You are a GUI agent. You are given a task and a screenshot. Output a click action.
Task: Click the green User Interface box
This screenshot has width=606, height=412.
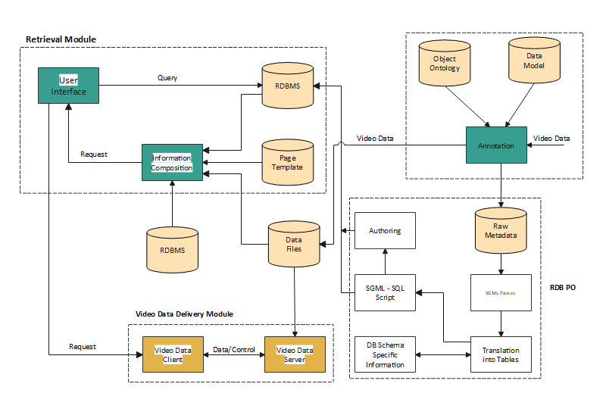click(69, 86)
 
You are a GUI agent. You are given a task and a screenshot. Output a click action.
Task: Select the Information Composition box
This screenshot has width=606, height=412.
click(172, 162)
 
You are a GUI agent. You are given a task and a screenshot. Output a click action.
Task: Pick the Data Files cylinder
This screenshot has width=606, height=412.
click(293, 243)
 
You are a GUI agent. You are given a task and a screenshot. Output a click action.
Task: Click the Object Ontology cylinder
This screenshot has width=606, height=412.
click(445, 64)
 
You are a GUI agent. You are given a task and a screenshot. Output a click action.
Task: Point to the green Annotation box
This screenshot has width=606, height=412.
click(496, 145)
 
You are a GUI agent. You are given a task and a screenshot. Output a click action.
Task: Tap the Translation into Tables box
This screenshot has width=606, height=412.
click(501, 354)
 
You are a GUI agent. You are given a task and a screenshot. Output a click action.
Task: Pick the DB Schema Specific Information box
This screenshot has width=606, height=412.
click(386, 354)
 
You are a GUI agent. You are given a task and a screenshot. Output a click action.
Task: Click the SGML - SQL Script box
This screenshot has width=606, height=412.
click(386, 292)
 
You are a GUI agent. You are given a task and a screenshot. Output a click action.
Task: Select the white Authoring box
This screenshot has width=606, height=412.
click(386, 230)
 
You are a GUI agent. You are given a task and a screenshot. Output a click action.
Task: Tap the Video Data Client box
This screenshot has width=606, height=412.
click(173, 354)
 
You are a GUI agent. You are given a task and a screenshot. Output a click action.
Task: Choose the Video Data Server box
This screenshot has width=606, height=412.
click(295, 354)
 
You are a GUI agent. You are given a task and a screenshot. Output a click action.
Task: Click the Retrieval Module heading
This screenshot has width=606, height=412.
click(61, 39)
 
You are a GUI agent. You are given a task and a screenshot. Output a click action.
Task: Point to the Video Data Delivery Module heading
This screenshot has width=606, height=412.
click(184, 314)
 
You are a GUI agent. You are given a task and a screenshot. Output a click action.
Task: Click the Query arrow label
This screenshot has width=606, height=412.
click(167, 77)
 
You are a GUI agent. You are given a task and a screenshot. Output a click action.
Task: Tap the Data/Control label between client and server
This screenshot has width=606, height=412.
click(233, 349)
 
